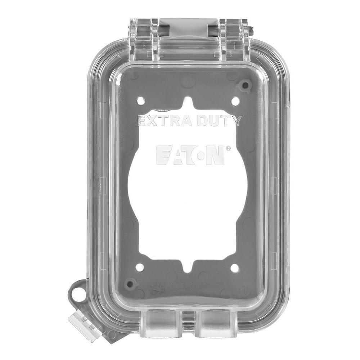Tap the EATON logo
click(x=190, y=155)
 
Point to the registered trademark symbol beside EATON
click(x=228, y=148)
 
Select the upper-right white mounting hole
click(x=235, y=101)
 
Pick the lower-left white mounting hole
click(x=140, y=267)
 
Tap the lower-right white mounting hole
click(x=234, y=268)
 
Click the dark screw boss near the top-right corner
click(x=245, y=85)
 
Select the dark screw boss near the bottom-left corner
click(x=131, y=284)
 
